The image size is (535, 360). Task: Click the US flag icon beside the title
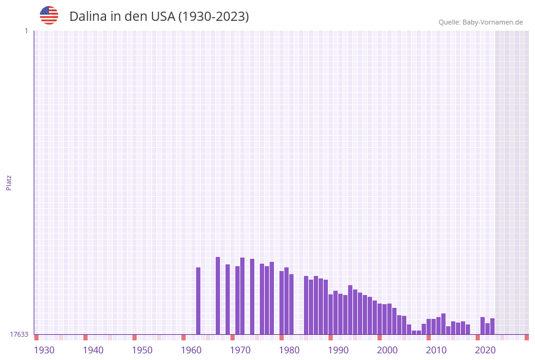49,15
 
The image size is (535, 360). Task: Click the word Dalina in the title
88,17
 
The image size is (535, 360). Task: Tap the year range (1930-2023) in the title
213,17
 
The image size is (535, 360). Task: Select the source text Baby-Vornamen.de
493,22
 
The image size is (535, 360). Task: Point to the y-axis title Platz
9,182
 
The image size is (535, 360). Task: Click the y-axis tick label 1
26,31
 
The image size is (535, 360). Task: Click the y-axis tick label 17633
19,334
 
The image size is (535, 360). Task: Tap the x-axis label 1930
44,350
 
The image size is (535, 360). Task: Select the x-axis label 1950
142,350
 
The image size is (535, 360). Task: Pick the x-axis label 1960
191,350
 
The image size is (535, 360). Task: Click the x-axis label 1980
289,350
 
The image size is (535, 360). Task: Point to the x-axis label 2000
387,350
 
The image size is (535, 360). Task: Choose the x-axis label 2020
485,350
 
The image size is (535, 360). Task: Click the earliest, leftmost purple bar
198,301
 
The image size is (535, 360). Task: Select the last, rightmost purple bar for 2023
492,326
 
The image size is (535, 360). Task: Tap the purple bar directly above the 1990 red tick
330,314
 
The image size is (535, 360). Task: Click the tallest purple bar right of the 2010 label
443,324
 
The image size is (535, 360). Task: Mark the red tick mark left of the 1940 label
85,337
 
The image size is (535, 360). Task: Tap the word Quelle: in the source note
449,22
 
